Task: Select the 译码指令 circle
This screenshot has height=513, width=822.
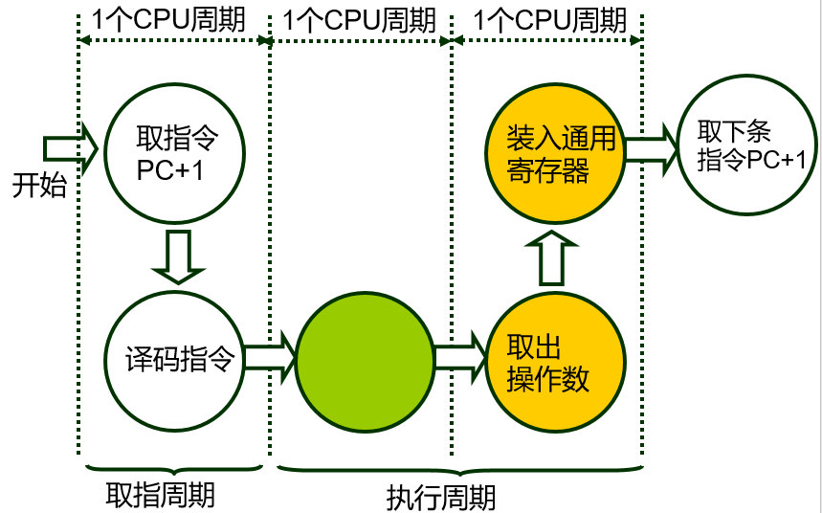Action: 174,358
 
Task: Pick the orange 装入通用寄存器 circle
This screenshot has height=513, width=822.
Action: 555,153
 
